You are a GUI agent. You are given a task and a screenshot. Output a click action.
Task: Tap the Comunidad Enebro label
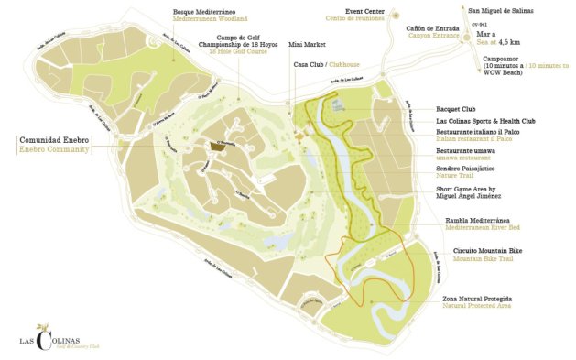53,139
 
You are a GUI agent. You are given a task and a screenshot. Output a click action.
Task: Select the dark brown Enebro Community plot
218,146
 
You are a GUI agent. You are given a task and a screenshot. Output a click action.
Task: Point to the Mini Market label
304,43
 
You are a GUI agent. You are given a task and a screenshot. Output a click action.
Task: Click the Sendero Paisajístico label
466,169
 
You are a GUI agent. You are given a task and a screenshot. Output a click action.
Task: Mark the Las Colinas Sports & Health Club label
485,120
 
